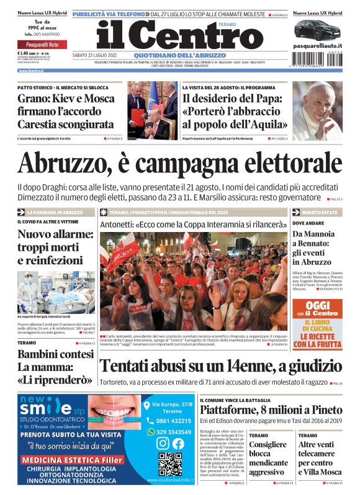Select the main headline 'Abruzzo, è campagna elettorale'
[180, 163]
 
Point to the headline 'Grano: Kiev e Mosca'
[65, 99]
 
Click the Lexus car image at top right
[317, 30]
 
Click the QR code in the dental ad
[170, 464]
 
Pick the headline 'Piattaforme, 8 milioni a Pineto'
[271, 410]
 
